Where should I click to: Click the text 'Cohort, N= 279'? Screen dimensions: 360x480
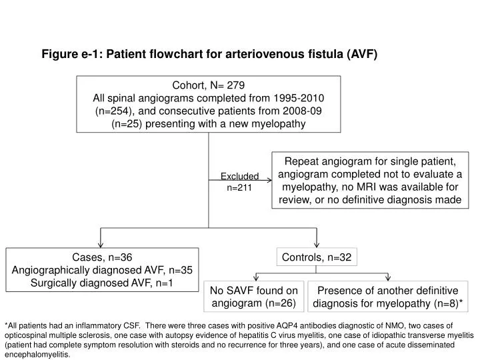209,85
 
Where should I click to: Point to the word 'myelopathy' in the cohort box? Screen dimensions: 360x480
279,124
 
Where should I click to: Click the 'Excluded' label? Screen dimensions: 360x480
239,177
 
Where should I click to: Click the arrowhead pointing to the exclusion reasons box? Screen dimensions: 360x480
269,179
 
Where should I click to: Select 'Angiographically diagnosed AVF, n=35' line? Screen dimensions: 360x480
103,270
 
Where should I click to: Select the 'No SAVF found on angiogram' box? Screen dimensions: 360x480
254,297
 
